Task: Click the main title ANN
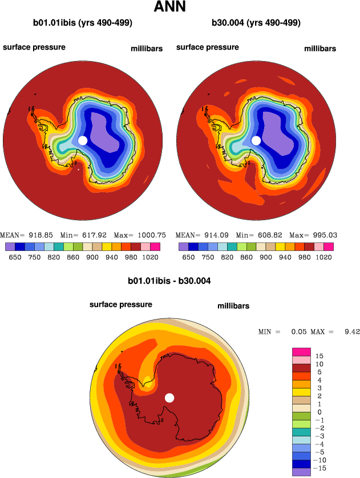(x=177, y=7)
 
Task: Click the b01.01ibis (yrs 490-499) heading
(x=83, y=23)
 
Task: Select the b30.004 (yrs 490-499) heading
(x=256, y=23)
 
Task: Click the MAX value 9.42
(x=350, y=331)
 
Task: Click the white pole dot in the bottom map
(x=169, y=398)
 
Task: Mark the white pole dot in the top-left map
(x=82, y=140)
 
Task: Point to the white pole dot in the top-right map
(x=256, y=140)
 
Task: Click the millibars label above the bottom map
(x=233, y=306)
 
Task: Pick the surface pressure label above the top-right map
(x=208, y=47)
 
